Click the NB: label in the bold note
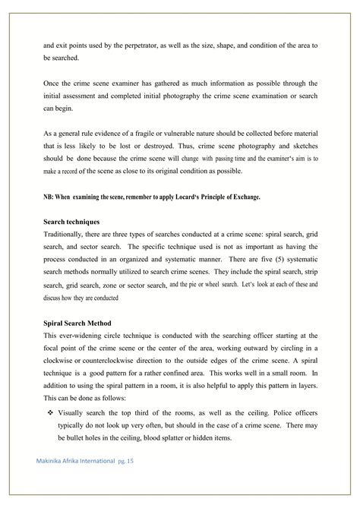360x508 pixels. click(x=49, y=197)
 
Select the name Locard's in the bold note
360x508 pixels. click(x=193, y=197)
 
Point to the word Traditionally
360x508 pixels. click(x=67, y=234)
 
